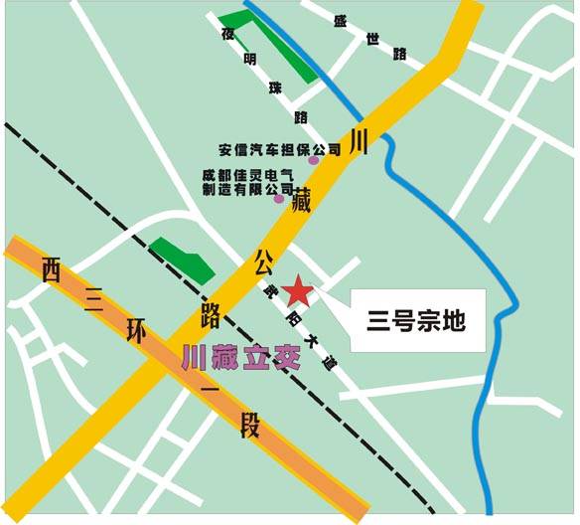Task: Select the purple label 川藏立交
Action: (240, 359)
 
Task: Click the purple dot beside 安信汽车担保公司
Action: (314, 159)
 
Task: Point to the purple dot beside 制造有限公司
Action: (279, 198)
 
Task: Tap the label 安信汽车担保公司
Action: (279, 149)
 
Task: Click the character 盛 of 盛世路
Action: (342, 20)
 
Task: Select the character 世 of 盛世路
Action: (372, 39)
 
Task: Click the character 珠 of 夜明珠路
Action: (275, 88)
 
